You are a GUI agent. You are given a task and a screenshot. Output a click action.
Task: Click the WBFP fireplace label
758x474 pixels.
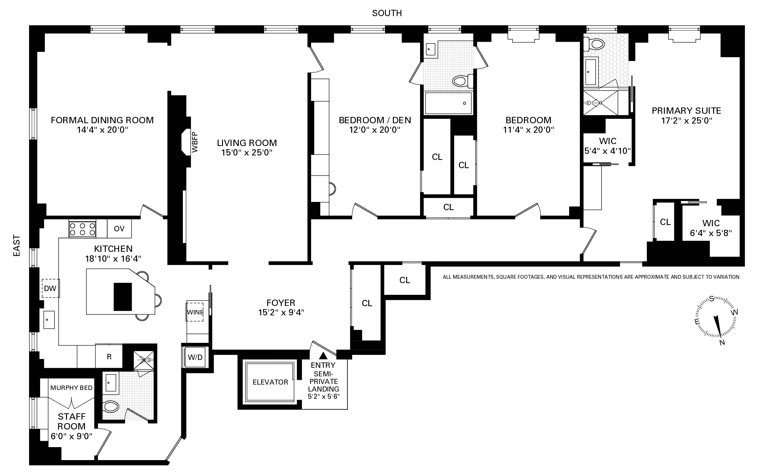(195, 142)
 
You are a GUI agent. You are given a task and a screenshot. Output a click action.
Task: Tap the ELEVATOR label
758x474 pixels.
(270, 382)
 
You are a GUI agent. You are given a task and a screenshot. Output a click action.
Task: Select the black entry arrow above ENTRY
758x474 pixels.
(323, 356)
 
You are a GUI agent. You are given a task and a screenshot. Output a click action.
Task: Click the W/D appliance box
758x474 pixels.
(195, 357)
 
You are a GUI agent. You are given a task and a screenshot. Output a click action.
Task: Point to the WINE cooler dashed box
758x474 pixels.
(195, 312)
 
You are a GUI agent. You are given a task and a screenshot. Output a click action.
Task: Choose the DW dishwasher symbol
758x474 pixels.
(51, 288)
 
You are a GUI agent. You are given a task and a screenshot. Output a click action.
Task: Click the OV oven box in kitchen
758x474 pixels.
(119, 228)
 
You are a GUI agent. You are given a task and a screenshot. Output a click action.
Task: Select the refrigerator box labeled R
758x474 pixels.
(109, 357)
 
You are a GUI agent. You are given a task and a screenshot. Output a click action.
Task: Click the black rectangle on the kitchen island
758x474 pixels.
(123, 297)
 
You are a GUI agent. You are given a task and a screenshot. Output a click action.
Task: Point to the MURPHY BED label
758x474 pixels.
(71, 388)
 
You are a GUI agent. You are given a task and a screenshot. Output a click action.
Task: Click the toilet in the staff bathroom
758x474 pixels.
(111, 406)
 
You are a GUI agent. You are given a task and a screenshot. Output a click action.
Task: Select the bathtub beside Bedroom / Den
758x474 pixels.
(448, 103)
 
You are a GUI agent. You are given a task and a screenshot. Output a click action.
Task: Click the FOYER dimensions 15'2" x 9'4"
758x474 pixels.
(281, 313)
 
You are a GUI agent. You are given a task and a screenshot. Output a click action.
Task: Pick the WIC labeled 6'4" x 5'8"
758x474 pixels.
(711, 228)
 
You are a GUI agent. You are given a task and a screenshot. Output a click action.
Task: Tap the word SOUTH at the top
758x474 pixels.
(387, 13)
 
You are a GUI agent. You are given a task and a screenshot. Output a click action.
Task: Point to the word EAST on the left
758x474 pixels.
(16, 246)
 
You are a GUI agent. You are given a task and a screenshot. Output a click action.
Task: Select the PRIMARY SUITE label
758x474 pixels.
(686, 111)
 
